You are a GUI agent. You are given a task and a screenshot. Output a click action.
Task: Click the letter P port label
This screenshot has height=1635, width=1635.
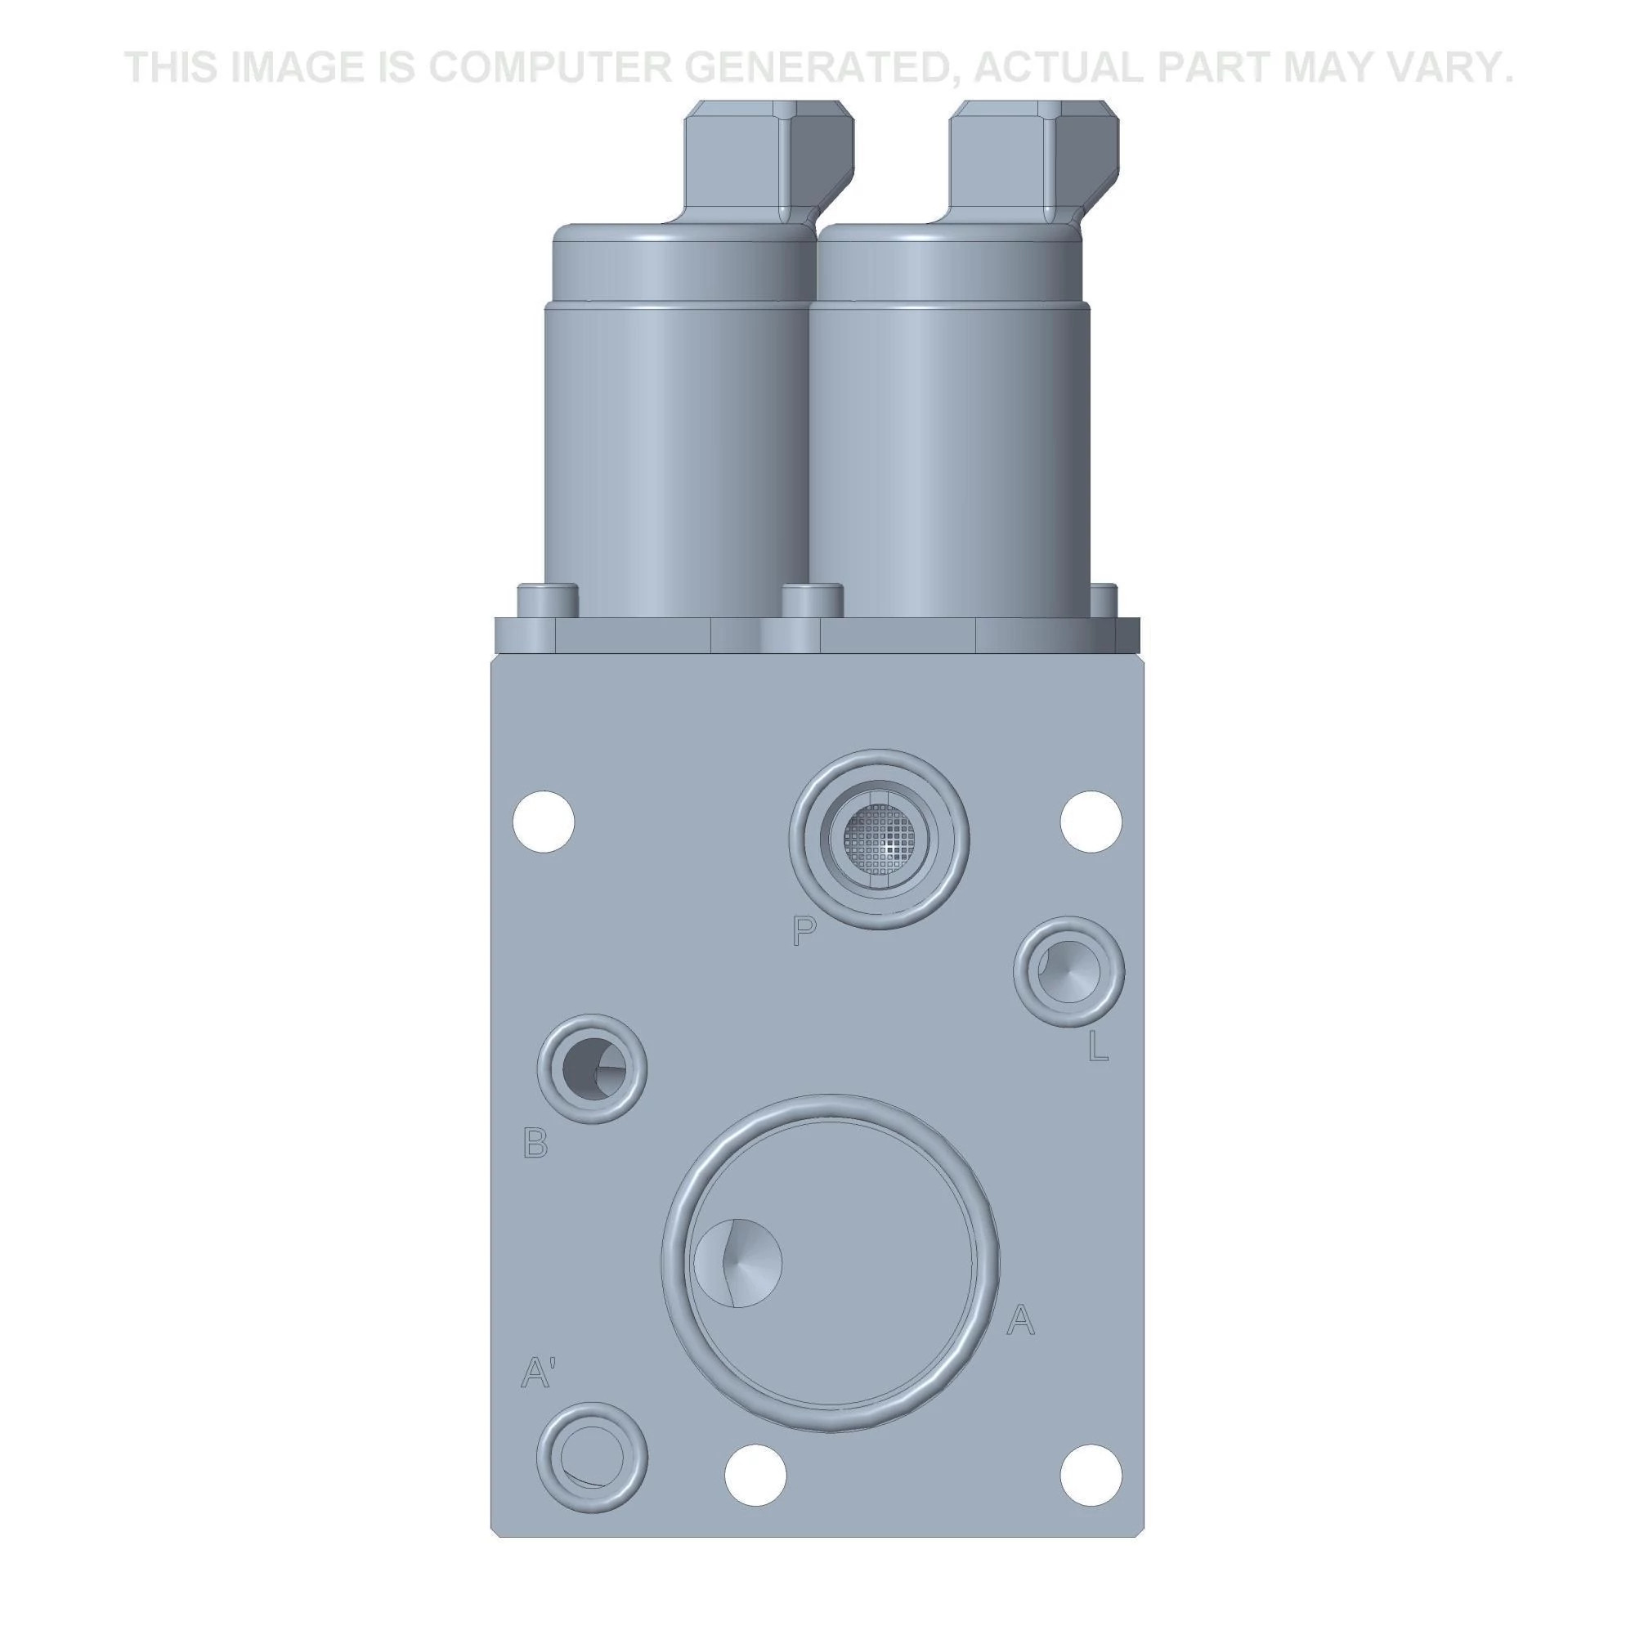804,933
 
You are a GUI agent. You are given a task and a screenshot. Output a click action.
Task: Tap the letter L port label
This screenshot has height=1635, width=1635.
1097,1048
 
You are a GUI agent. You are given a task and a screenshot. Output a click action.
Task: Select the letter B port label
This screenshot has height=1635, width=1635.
535,1144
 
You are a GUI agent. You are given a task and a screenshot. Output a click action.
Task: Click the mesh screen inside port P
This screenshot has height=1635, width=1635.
879,839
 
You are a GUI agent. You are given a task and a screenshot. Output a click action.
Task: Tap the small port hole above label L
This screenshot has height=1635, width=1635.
1068,971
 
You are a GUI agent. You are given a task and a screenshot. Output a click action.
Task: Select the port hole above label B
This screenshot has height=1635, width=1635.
593,1068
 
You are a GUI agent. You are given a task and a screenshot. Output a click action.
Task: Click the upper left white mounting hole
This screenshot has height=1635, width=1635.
544,821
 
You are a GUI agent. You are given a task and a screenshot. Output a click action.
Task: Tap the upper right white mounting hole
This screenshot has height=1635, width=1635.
1091,821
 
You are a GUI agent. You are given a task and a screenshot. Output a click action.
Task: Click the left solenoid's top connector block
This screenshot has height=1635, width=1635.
766,161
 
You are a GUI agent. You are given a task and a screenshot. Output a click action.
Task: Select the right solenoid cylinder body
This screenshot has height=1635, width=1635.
947,457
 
